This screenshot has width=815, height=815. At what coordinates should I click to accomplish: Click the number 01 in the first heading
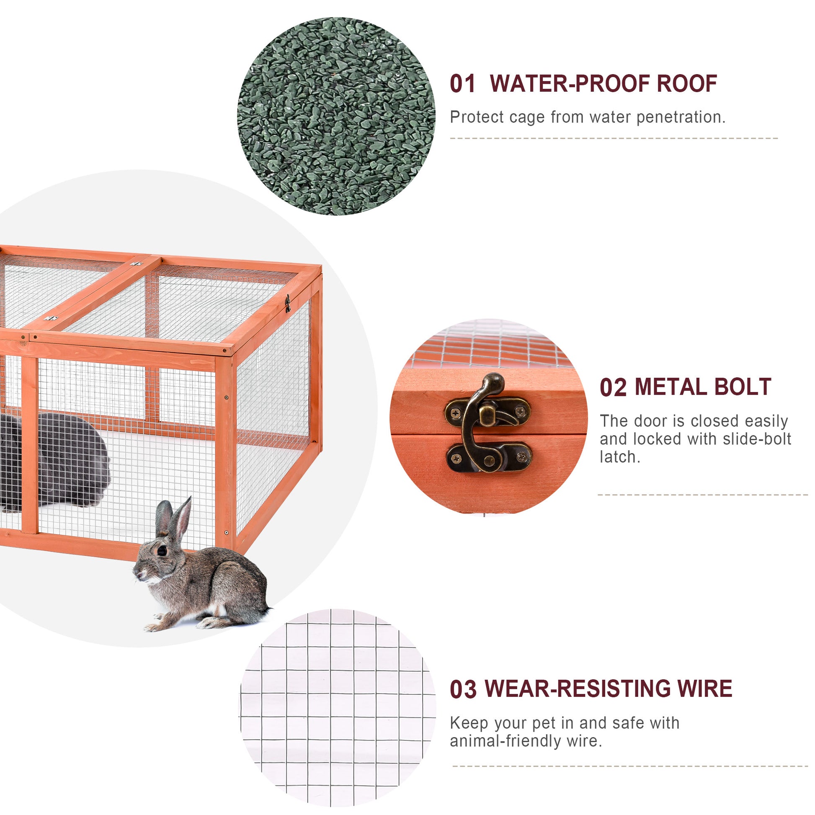tap(462, 83)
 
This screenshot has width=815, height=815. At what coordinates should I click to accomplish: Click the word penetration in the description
tap(681, 118)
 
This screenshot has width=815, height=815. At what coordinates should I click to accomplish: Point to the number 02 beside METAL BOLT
tap(614, 387)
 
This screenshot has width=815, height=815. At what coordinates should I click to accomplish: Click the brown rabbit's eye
tap(162, 551)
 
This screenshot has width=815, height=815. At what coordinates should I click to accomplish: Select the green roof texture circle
tap(336, 116)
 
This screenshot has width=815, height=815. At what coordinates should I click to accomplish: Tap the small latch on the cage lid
tap(288, 303)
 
